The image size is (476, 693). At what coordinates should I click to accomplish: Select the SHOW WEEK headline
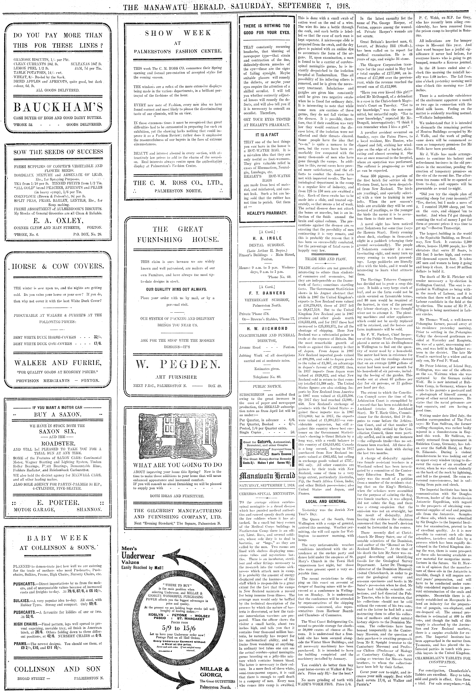click(x=178, y=33)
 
